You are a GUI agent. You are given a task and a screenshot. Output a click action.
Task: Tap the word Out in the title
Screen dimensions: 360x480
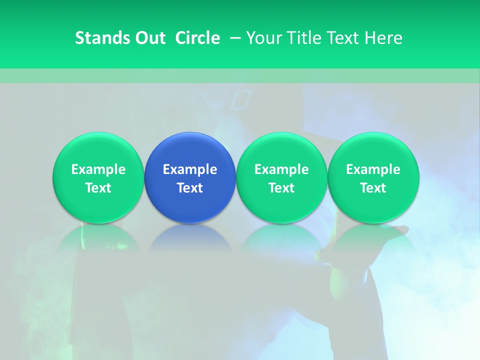point(149,38)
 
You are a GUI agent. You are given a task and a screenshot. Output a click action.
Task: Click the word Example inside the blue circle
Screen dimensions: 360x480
point(190,169)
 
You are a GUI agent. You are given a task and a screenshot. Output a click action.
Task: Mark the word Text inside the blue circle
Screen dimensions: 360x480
point(190,188)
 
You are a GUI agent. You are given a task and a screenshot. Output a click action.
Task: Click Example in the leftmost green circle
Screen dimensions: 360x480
point(98,169)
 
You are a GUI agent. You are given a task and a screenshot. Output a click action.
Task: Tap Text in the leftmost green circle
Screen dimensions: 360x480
point(98,188)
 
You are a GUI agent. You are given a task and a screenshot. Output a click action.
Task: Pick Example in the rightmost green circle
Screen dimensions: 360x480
point(373,169)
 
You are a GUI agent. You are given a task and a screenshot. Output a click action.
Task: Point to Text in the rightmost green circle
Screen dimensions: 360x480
point(373,188)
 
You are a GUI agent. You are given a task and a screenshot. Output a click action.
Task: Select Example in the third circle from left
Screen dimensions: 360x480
point(281,169)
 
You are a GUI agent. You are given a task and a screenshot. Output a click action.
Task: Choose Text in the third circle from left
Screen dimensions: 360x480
point(281,188)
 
